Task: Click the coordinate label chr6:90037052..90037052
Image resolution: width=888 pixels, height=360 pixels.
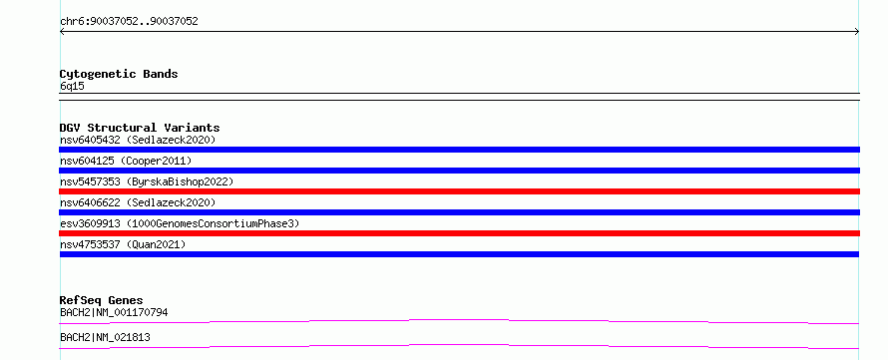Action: (x=129, y=22)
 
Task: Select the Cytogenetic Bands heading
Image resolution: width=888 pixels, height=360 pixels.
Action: (x=119, y=74)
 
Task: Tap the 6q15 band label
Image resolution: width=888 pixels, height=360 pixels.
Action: (x=72, y=87)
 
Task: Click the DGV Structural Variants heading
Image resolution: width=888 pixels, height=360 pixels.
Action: (x=140, y=128)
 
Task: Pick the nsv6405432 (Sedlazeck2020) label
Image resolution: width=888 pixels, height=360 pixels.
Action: (x=138, y=140)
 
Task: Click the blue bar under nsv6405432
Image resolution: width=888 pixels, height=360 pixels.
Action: (x=459, y=150)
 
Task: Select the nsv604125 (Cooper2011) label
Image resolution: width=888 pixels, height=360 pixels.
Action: (x=126, y=161)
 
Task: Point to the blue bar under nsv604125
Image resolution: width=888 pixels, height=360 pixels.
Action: (x=459, y=171)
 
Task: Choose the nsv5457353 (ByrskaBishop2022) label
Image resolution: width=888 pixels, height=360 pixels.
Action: (x=147, y=181)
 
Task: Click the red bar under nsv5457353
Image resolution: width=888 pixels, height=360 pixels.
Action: (x=459, y=191)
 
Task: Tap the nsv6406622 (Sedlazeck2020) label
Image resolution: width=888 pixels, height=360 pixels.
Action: (x=138, y=202)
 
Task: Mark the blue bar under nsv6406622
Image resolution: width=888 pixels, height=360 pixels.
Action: (x=459, y=212)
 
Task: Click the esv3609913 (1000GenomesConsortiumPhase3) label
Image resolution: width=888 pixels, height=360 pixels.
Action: (x=180, y=223)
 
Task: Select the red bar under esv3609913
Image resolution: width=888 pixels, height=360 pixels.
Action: (x=459, y=233)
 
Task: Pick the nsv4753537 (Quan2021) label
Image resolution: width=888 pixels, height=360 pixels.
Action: (x=123, y=244)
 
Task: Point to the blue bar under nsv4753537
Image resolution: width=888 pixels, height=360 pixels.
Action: (x=459, y=254)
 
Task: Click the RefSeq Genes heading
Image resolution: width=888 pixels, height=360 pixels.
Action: (x=102, y=300)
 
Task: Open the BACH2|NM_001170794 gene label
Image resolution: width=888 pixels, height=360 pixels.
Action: (x=114, y=312)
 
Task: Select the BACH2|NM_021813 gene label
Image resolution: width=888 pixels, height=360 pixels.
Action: (x=105, y=337)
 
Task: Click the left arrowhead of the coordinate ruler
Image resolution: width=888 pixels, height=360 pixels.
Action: (x=61, y=32)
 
